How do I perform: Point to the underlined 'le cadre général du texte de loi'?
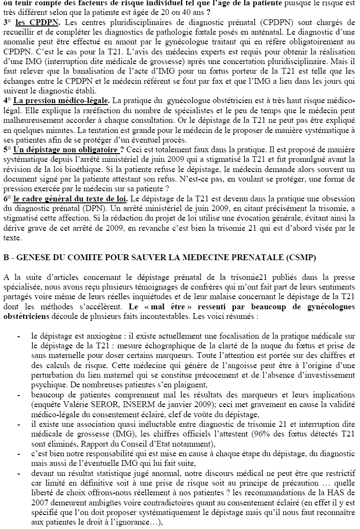point(70,198)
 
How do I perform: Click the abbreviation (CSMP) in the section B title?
point(301,257)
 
